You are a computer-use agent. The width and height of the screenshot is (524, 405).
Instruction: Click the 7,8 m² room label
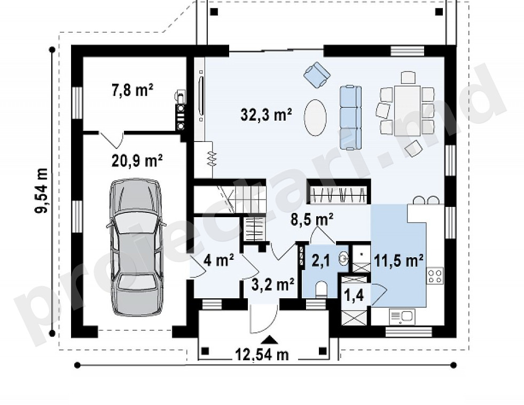(x=132, y=90)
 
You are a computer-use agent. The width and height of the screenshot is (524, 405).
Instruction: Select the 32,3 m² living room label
(x=267, y=115)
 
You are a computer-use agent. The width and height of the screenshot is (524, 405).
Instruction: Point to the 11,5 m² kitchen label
(x=399, y=261)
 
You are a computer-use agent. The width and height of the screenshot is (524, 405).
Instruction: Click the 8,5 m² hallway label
(x=312, y=220)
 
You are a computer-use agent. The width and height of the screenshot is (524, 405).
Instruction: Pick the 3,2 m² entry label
(x=273, y=284)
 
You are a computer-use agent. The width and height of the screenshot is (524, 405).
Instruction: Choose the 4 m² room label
(x=218, y=260)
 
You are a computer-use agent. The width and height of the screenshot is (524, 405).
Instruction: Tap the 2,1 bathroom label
(x=321, y=260)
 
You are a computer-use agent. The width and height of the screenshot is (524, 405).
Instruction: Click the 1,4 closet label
(x=354, y=296)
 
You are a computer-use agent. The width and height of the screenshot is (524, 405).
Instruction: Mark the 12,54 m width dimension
(x=262, y=354)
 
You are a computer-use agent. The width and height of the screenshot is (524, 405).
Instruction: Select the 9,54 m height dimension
(x=42, y=190)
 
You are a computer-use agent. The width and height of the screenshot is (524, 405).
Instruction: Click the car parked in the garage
(x=136, y=248)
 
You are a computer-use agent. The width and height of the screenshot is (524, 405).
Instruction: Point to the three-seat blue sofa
(x=351, y=117)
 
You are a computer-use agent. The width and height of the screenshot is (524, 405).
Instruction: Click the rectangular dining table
(x=407, y=110)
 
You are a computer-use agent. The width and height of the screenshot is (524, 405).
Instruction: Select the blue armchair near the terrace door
(x=317, y=75)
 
